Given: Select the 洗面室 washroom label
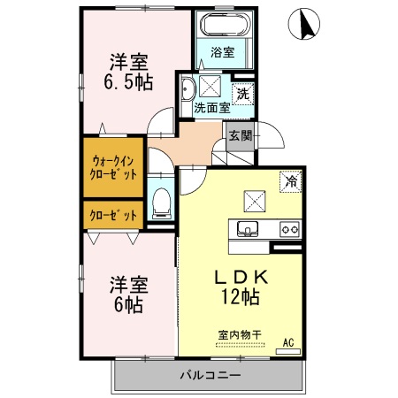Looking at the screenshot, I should [x=212, y=108].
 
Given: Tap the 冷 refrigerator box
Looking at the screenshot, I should [x=289, y=181].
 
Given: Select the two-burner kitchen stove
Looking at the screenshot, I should [x=288, y=230].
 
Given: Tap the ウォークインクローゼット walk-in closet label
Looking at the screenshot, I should [x=113, y=167].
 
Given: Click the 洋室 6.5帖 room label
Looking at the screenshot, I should [x=129, y=72].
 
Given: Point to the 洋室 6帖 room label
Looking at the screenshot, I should [x=128, y=295].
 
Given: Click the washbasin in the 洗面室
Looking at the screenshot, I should [x=188, y=90].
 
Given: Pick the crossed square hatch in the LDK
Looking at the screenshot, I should [x=254, y=199].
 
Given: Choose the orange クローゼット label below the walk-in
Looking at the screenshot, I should [x=113, y=215].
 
